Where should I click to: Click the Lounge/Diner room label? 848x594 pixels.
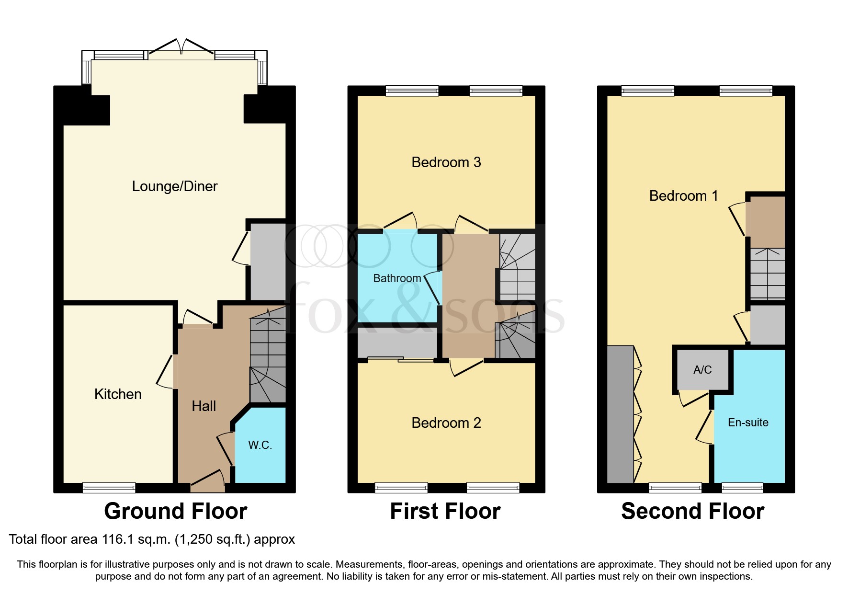(x=175, y=186)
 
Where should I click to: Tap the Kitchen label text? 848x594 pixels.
(x=118, y=394)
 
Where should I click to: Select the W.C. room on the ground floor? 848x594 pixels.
(x=260, y=445)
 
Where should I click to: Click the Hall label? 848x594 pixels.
(x=204, y=406)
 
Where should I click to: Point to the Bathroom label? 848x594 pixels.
(x=397, y=278)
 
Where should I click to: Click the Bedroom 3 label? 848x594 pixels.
(x=446, y=162)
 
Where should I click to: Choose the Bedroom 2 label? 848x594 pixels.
(x=446, y=423)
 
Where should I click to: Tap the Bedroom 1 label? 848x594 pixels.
(x=683, y=196)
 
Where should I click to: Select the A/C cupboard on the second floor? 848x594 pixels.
(x=702, y=370)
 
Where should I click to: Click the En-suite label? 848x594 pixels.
(x=748, y=423)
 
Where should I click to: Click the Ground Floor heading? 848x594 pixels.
(x=176, y=511)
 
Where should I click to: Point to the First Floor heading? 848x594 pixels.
(x=445, y=511)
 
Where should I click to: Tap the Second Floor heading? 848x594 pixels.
(x=692, y=511)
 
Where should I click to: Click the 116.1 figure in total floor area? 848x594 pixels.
(x=117, y=539)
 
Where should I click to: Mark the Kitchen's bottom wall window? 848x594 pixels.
(x=109, y=488)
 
